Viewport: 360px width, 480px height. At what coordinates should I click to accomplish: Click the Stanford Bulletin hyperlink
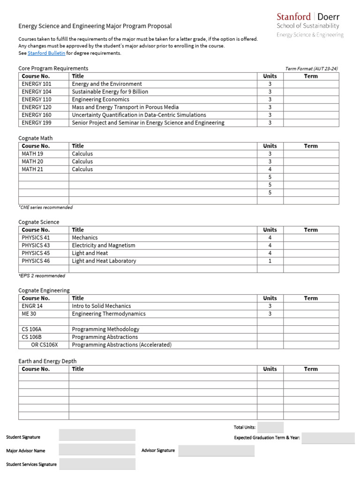click(x=46, y=53)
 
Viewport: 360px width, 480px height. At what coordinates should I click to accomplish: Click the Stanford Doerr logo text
click(x=308, y=17)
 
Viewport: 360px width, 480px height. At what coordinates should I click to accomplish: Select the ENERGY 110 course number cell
click(x=37, y=99)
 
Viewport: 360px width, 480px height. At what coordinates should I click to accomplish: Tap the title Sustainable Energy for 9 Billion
click(x=110, y=92)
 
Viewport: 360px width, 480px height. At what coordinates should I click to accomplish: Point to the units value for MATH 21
click(x=270, y=169)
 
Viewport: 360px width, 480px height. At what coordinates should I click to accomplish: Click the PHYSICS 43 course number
click(x=36, y=245)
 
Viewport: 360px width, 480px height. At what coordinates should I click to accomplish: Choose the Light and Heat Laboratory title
click(x=104, y=261)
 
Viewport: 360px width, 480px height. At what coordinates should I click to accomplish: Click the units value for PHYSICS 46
click(x=270, y=261)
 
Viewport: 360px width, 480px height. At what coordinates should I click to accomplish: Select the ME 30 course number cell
click(x=29, y=314)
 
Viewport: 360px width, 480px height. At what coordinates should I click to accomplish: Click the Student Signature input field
click(x=97, y=435)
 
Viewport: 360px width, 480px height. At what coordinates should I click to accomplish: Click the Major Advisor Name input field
click(x=97, y=450)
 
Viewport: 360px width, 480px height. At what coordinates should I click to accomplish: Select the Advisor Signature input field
click(x=216, y=450)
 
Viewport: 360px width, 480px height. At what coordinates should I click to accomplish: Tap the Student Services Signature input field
click(x=97, y=464)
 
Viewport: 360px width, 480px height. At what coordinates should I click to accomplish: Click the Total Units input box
click(x=270, y=427)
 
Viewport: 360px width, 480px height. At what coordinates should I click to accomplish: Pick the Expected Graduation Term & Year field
click(x=328, y=438)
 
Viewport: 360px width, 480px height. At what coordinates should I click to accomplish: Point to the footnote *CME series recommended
click(x=45, y=207)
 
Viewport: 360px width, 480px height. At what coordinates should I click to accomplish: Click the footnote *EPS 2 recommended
click(x=42, y=276)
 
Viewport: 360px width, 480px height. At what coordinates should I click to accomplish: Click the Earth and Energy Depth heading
click(x=47, y=361)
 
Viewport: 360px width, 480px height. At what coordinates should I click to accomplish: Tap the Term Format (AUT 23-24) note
click(x=311, y=68)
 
